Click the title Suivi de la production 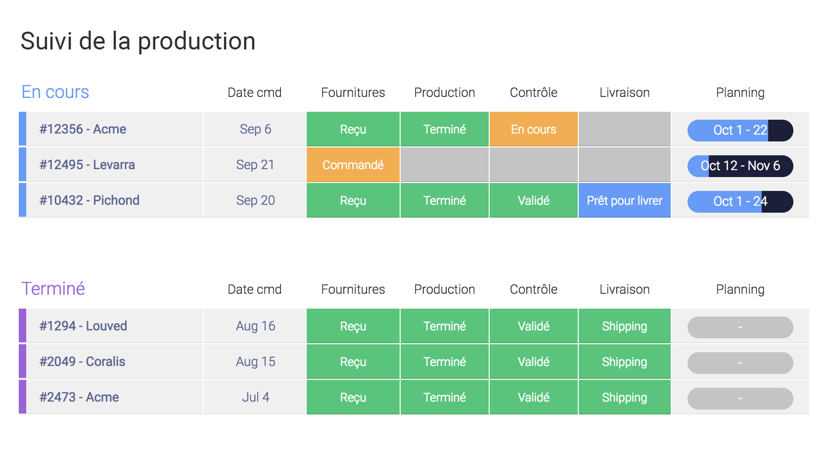(x=138, y=41)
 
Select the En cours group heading (x=55, y=92)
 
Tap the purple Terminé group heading (x=53, y=288)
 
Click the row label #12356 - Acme (x=83, y=129)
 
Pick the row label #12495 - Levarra (x=87, y=165)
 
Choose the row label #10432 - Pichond (x=89, y=200)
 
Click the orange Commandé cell (x=353, y=165)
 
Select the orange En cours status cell (x=533, y=129)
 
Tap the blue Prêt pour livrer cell (x=624, y=200)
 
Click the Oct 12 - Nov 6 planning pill (x=740, y=166)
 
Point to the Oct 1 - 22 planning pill (x=740, y=130)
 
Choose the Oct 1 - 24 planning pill (x=740, y=202)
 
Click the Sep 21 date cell (x=255, y=165)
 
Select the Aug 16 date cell (x=255, y=326)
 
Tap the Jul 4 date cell (x=255, y=397)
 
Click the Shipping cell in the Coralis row (x=624, y=362)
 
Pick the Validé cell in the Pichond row (x=533, y=200)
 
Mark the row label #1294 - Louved (x=83, y=326)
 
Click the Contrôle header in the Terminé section (x=533, y=289)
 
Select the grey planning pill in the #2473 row (x=740, y=399)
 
